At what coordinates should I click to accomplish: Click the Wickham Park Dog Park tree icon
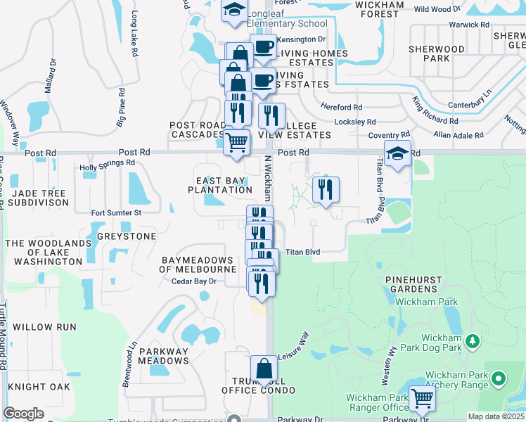coord(473,342)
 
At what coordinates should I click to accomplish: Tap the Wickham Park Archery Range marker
coord(499,380)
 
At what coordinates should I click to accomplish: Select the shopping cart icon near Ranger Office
coord(422,399)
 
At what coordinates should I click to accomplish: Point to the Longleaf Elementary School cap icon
coord(233,11)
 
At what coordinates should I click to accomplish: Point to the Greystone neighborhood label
coord(127,236)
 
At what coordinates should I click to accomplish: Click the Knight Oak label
coord(39,387)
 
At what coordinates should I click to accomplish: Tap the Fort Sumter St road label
coord(117,212)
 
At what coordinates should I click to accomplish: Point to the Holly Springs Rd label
coord(107,163)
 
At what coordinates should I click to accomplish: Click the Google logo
coord(23,414)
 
